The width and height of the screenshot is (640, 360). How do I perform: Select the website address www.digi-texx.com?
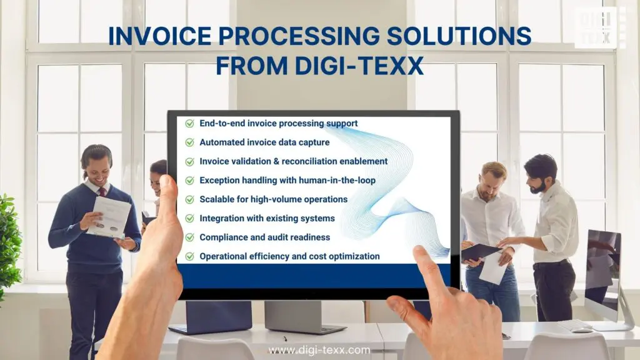(x=319, y=350)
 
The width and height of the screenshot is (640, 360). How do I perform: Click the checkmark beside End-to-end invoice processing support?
(x=189, y=124)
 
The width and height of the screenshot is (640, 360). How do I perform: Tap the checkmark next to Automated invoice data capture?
(x=189, y=142)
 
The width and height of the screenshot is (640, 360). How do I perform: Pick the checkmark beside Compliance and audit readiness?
(x=189, y=237)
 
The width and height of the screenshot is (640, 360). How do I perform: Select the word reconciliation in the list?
(x=316, y=161)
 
